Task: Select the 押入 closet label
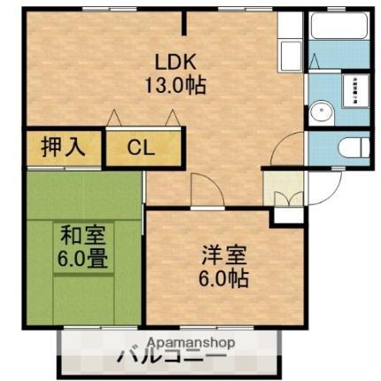tap(64, 147)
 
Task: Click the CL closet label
tap(141, 148)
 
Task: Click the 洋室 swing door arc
tap(202, 188)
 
